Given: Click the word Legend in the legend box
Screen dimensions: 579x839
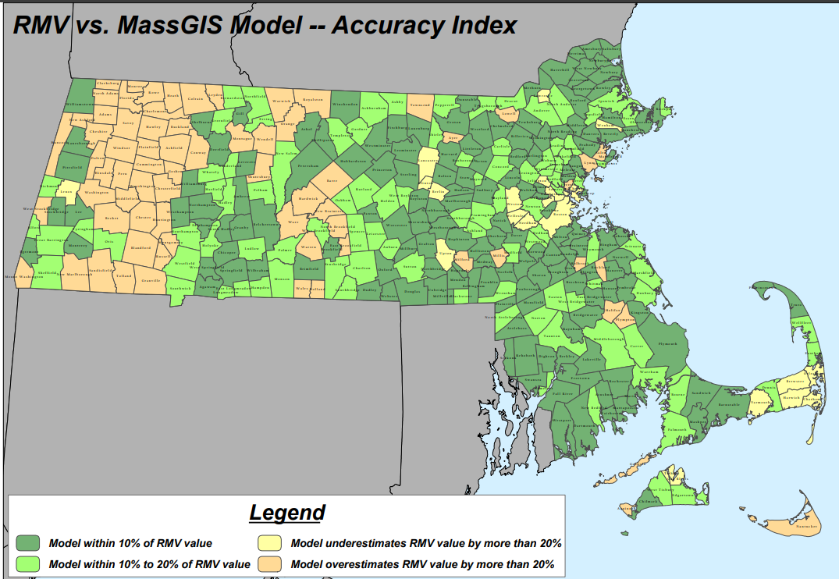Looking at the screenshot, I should [x=286, y=513].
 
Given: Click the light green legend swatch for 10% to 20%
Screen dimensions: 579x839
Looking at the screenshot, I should [x=28, y=563].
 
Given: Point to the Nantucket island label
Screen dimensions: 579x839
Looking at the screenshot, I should [x=805, y=527].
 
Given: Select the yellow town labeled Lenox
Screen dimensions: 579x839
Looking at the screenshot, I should [x=66, y=190].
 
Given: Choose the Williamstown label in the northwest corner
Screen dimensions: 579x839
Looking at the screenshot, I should [x=80, y=104].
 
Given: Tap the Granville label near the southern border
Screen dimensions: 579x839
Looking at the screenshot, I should [x=151, y=280].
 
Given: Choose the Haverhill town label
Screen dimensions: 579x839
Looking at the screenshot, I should [x=560, y=69].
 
